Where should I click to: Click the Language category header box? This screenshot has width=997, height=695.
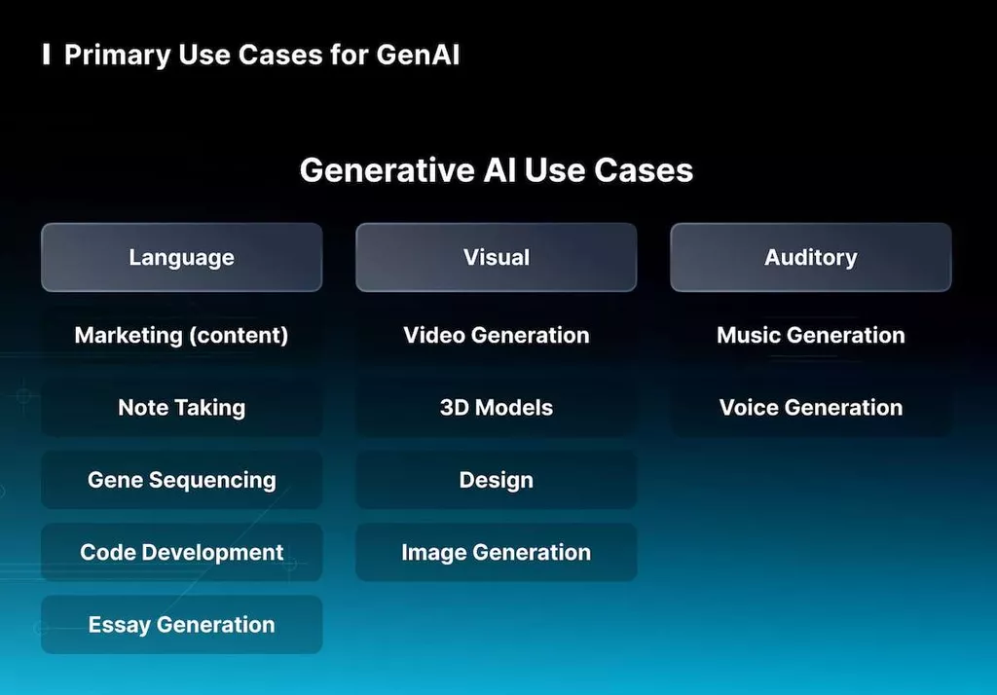pyautogui.click(x=181, y=257)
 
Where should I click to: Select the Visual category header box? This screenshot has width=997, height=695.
pyautogui.click(x=496, y=257)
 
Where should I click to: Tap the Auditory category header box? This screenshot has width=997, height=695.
pyautogui.click(x=810, y=257)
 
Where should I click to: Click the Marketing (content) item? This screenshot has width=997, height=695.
pyautogui.click(x=181, y=335)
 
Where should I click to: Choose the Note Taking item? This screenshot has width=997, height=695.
pyautogui.click(x=181, y=408)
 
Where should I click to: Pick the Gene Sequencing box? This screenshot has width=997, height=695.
pyautogui.click(x=181, y=480)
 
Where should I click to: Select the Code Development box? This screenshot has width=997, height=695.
pyautogui.click(x=181, y=552)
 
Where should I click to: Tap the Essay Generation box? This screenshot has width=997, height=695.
pyautogui.click(x=181, y=625)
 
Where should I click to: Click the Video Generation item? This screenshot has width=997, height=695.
pyautogui.click(x=496, y=335)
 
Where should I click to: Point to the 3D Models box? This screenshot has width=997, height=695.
pyautogui.click(x=496, y=408)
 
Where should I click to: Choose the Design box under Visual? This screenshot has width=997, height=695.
pyautogui.click(x=496, y=480)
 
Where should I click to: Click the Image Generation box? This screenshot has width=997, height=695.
pyautogui.click(x=496, y=552)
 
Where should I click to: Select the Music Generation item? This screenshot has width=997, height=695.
pyautogui.click(x=810, y=335)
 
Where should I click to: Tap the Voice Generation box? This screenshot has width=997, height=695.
pyautogui.click(x=810, y=408)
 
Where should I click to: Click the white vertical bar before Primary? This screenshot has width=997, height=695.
pyautogui.click(x=47, y=55)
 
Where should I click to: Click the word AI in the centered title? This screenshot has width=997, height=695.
pyautogui.click(x=501, y=170)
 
